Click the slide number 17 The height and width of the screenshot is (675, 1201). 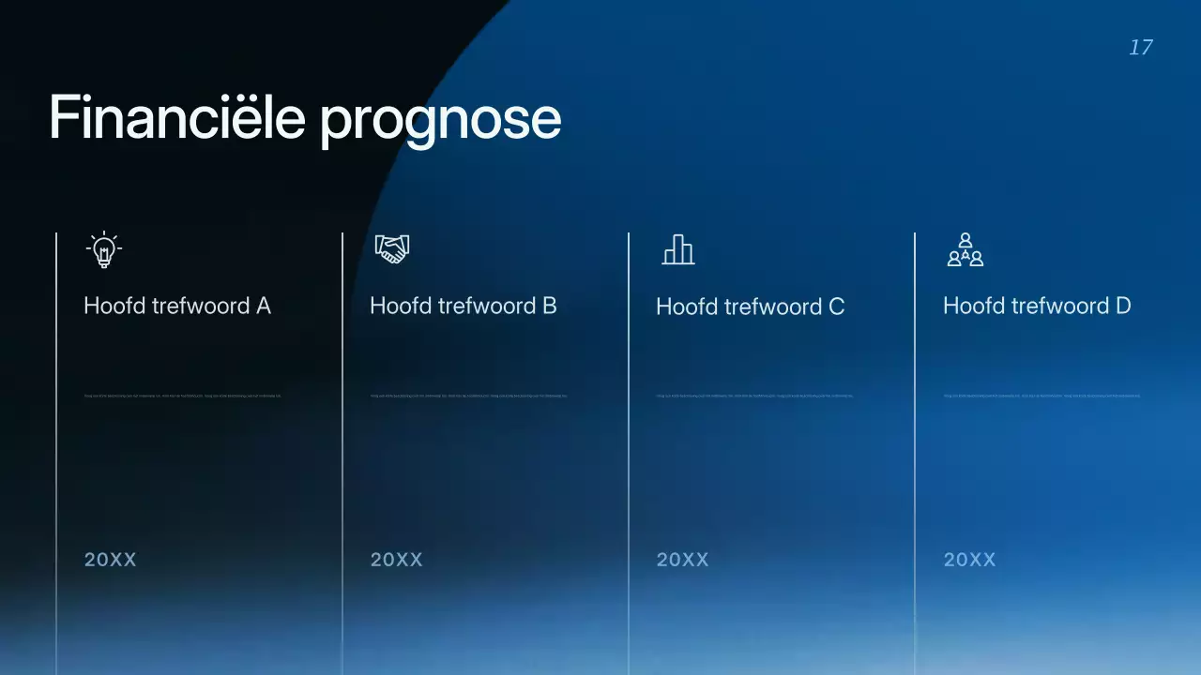[x=1140, y=48]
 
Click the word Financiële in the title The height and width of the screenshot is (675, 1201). [x=177, y=118]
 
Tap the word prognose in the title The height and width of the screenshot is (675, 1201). [x=440, y=120]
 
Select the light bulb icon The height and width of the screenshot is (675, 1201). [x=104, y=250]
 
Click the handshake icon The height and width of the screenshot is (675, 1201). [x=392, y=249]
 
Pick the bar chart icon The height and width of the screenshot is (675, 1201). [x=678, y=250]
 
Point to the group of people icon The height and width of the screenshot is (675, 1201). [x=965, y=250]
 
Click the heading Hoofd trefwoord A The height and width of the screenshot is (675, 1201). [x=177, y=306]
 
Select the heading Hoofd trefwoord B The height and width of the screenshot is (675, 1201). [x=464, y=306]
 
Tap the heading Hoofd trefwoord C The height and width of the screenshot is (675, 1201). [x=750, y=307]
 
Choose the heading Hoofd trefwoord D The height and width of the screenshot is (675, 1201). [x=1037, y=306]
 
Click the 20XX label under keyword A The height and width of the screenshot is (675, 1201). [x=111, y=560]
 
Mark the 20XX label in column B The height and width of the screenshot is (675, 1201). [x=397, y=560]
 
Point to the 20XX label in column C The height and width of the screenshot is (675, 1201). [x=683, y=560]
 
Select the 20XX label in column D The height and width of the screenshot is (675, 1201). [x=970, y=560]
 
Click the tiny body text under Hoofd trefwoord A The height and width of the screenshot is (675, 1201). [x=182, y=396]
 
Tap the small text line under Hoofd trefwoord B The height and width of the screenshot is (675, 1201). [x=469, y=396]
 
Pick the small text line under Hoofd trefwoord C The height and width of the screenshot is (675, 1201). [x=755, y=396]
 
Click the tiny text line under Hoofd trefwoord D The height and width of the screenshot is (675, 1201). [x=1041, y=396]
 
